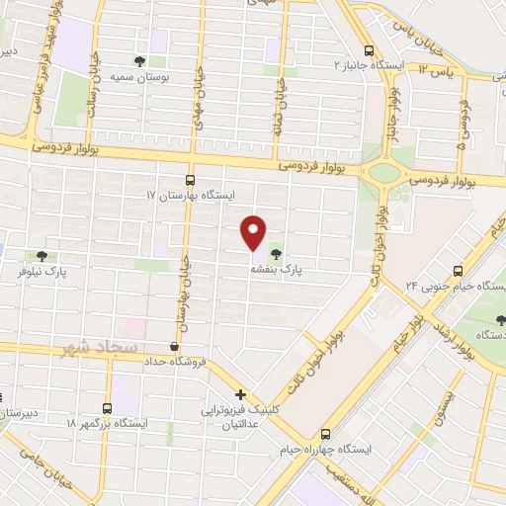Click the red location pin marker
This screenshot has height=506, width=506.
[253, 232]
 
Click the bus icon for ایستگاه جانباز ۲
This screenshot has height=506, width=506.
[369, 51]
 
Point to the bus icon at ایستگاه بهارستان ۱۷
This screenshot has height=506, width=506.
[190, 180]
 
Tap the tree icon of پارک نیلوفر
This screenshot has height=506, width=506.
[41, 256]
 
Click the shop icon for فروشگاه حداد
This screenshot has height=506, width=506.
[175, 346]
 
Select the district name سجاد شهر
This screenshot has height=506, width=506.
[85, 349]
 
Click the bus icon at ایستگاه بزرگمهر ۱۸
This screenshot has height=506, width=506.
[108, 407]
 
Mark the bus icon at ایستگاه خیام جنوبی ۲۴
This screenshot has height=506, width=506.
[458, 270]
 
